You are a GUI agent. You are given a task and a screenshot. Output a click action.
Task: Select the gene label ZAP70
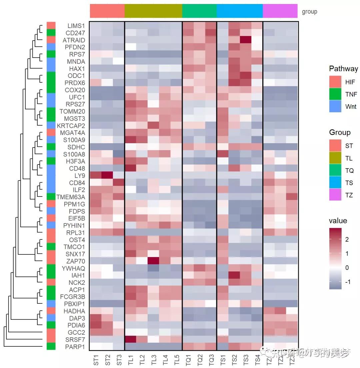click(76, 261)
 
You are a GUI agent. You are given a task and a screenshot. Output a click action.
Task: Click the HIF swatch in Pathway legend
click(335, 82)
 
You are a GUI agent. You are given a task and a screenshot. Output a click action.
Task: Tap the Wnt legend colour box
click(335, 106)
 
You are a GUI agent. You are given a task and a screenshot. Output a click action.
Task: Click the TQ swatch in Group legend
click(335, 170)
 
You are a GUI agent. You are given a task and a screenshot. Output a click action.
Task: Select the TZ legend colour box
click(335, 195)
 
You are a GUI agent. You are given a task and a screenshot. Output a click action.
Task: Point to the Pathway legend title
click(343, 69)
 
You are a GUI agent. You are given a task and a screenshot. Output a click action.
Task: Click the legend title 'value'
click(338, 220)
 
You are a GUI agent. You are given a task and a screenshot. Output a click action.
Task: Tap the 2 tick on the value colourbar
click(347, 239)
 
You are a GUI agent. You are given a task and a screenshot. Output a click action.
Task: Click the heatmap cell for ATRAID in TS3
click(246, 40)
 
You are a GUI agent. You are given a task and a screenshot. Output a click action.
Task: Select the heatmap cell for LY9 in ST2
click(107, 176)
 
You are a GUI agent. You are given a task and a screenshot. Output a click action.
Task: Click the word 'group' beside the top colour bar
click(309, 12)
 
